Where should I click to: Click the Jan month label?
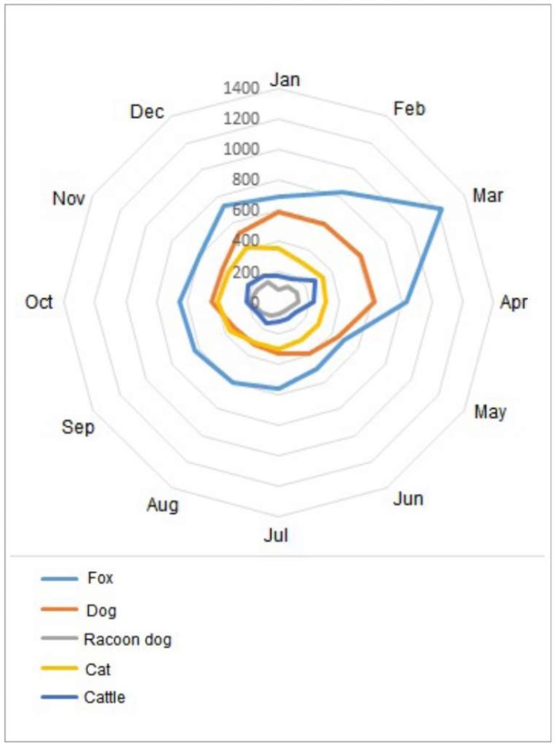coord(285,79)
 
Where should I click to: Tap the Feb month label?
coord(409,109)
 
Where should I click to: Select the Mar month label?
coord(488,195)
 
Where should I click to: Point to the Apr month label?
coord(514,302)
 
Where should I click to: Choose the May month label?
coord(490,411)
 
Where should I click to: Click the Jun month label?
coord(408,499)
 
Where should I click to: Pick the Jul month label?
coord(276,535)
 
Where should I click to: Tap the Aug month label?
coord(163,505)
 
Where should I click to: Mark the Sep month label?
coord(78,427)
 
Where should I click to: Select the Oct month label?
coord(39,302)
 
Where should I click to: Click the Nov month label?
coord(68,198)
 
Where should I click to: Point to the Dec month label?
coord(147,112)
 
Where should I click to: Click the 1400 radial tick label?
coord(241,88)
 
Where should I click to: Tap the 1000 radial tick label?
coord(241,149)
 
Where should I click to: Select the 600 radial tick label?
coord(245,210)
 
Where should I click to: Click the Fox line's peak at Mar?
coord(442,208)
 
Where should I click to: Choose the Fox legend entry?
coord(100,578)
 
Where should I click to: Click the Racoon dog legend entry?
coord(127,639)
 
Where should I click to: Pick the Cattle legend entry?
coord(105,698)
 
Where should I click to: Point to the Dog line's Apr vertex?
coord(374,302)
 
